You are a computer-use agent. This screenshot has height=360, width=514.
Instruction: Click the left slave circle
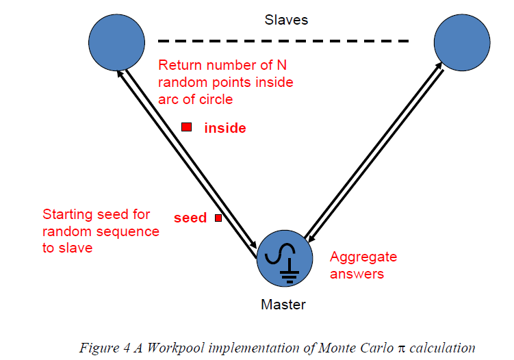(116, 42)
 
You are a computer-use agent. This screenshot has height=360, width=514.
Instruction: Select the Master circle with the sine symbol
(283, 260)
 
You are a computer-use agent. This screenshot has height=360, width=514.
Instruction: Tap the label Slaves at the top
(286, 20)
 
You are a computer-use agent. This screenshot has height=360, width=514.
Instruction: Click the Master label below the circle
(283, 304)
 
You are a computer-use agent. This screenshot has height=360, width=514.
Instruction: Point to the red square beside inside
(186, 127)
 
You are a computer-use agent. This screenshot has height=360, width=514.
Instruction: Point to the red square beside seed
(218, 218)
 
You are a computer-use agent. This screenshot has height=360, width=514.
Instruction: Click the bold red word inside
(225, 128)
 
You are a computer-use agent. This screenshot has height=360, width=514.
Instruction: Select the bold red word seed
(190, 218)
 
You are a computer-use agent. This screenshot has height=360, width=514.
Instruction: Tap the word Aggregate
(363, 257)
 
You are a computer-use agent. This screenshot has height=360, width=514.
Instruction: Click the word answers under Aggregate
(357, 274)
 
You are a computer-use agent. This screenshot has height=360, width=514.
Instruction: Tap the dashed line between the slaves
(282, 41)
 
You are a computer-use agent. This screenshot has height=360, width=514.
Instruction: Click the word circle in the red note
(214, 99)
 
